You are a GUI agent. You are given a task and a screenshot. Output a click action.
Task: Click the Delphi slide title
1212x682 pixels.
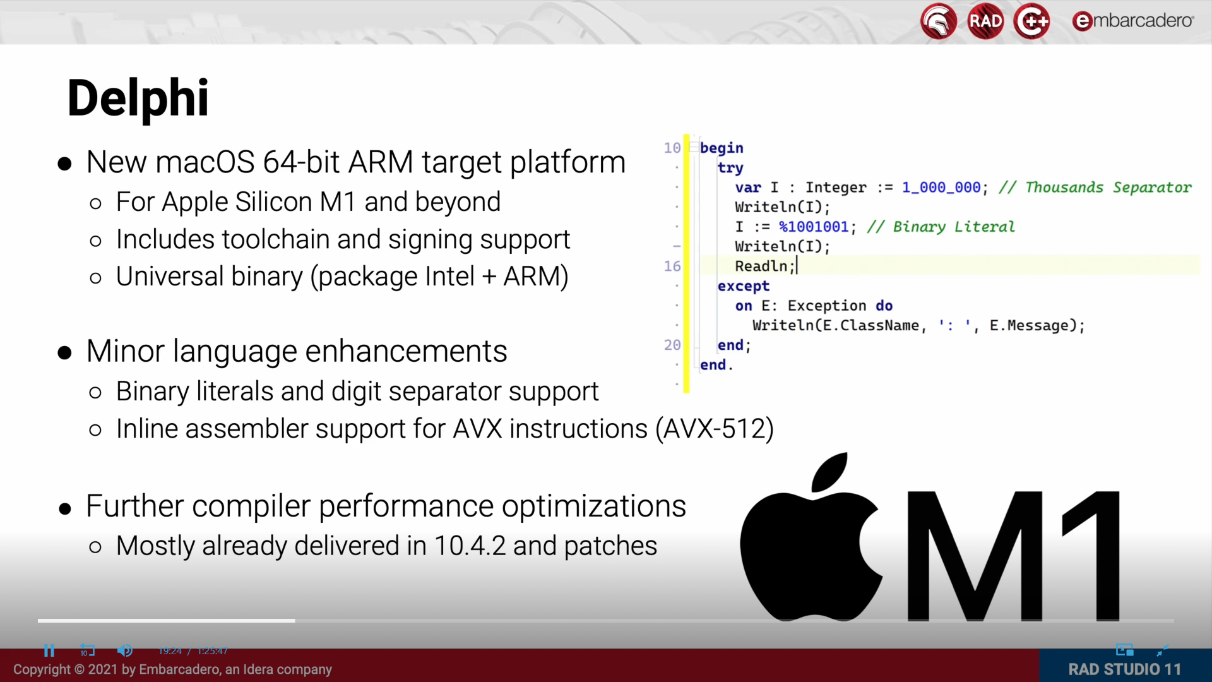(x=138, y=98)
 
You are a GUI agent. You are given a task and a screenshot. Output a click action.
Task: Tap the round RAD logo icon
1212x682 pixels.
(x=985, y=21)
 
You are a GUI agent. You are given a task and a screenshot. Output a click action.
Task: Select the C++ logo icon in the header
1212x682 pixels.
(x=1031, y=21)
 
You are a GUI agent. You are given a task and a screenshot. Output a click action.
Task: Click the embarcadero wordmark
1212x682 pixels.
(x=1133, y=21)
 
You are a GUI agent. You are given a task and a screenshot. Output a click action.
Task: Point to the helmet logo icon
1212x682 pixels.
(x=939, y=21)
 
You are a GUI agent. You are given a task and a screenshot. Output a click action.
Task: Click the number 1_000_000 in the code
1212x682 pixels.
(x=941, y=188)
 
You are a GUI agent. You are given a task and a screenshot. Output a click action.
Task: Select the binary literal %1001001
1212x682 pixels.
(x=814, y=227)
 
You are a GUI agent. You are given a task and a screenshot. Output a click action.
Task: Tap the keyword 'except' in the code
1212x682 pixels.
(x=743, y=286)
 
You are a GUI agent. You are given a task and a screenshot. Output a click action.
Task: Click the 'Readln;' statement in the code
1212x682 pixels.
(x=764, y=266)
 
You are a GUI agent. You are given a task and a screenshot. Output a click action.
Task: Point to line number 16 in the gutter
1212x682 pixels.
(x=672, y=266)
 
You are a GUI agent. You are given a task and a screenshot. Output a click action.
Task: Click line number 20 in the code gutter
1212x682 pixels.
(x=672, y=345)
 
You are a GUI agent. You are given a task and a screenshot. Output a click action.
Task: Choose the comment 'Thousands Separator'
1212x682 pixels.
(x=1108, y=188)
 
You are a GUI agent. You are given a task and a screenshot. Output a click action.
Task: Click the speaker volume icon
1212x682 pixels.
(x=124, y=650)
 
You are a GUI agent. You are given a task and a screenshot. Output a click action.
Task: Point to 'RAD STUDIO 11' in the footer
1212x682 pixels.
(x=1124, y=669)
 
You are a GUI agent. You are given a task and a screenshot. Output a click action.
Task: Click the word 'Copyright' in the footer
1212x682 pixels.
(x=42, y=669)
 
